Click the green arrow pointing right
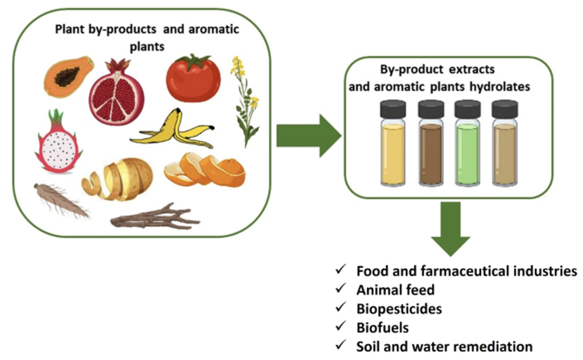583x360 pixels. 308,134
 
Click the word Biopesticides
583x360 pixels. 399,309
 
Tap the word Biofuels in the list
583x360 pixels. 383,328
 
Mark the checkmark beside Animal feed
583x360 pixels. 340,289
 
